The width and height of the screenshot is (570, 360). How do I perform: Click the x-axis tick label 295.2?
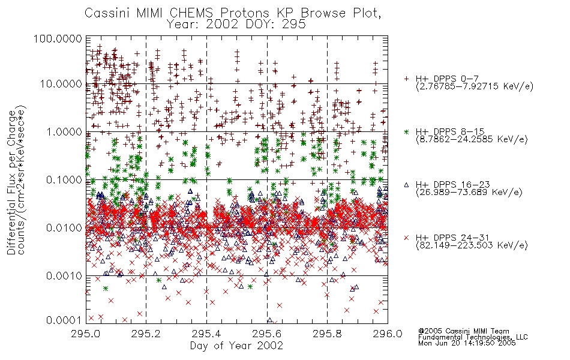coord(146,334)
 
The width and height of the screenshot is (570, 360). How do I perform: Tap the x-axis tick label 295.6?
coord(267,334)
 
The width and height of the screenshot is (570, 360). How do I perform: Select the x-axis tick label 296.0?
coord(388,334)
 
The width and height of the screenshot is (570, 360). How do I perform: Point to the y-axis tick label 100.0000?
coord(58,38)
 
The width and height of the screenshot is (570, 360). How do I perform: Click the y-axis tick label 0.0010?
coord(64,276)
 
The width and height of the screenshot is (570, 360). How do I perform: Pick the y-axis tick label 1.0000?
coord(64,131)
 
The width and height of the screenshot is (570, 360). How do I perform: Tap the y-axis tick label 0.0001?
coord(64,320)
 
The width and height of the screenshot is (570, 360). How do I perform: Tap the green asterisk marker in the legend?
coord(406,131)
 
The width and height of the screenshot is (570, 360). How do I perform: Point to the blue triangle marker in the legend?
coord(406,185)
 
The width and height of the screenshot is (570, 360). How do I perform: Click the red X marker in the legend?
coord(406,238)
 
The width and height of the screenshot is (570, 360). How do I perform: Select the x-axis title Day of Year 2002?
coord(236,346)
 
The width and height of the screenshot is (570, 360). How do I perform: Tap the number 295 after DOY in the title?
coord(293,24)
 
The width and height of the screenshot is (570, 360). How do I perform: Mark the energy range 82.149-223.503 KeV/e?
coord(472,245)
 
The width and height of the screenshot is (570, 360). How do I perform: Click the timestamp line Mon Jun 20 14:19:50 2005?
coord(467,343)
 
